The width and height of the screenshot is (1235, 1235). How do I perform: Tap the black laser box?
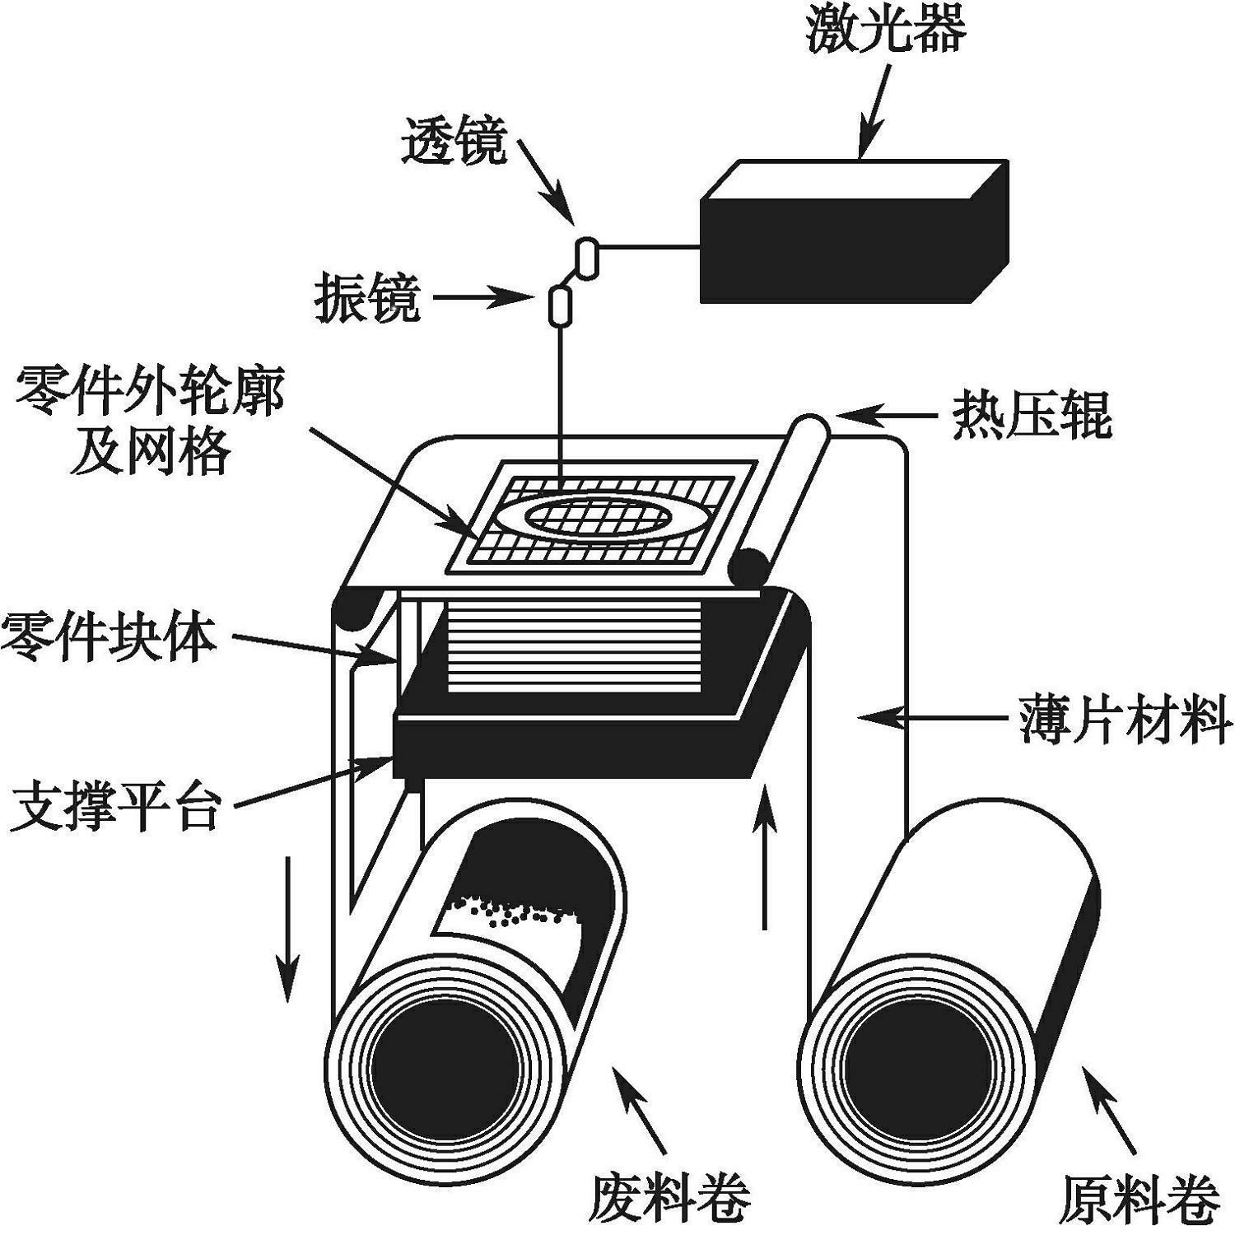(840, 247)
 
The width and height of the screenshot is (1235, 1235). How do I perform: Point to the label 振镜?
(367, 298)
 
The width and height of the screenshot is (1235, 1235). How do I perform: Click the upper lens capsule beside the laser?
(587, 256)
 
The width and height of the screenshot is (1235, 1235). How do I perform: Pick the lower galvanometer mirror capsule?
(560, 305)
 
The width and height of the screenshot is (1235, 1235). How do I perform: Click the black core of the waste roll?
(445, 1070)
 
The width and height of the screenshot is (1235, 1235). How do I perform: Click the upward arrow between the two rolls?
(765, 856)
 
